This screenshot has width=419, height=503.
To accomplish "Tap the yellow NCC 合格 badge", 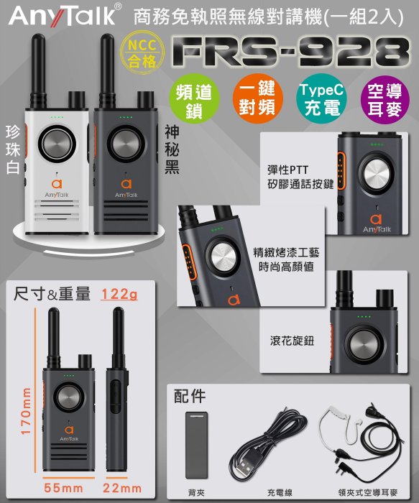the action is [142, 52].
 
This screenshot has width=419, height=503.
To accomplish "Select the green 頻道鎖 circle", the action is [194, 99].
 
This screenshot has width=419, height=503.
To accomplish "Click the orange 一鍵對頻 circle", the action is [257, 99].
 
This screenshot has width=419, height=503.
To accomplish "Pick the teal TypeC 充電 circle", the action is [321, 99].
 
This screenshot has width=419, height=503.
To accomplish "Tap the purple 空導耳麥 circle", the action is [385, 99].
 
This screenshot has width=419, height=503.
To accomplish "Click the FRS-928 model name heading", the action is [290, 52].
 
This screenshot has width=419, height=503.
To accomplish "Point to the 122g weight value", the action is [119, 294].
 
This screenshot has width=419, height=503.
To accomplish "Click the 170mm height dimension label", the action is [27, 411].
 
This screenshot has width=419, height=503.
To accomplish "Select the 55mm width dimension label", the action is [63, 488].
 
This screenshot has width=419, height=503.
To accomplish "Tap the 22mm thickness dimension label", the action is [122, 488].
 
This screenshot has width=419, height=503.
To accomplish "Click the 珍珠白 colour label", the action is [13, 149].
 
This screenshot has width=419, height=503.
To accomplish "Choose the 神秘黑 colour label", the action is [172, 149].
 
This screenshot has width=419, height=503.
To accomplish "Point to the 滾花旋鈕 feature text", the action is [292, 341].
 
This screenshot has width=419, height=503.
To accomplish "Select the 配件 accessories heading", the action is [190, 397].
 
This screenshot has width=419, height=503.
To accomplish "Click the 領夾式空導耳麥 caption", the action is [368, 492].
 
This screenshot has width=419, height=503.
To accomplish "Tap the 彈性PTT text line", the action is [287, 170].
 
